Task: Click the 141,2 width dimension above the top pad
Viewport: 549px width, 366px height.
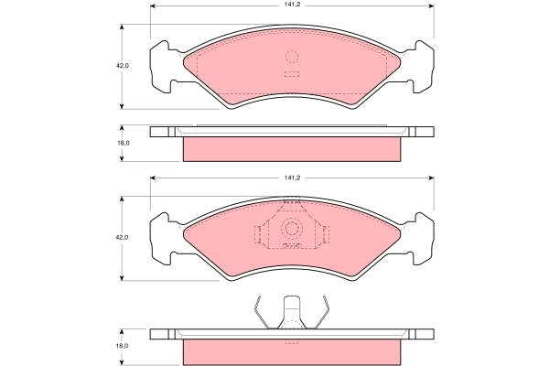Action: pyautogui.click(x=293, y=5)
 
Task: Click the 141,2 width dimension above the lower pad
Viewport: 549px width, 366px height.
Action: pyautogui.click(x=293, y=178)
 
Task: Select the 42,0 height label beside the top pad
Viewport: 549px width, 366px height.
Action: pyautogui.click(x=123, y=66)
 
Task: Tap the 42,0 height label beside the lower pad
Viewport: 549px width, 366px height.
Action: pyautogui.click(x=123, y=237)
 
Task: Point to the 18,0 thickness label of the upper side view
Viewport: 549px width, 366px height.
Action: pyautogui.click(x=123, y=143)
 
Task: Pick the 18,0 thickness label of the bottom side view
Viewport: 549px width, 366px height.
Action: pyautogui.click(x=123, y=346)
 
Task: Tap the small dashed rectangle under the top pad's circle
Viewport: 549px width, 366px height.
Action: pyautogui.click(x=292, y=74)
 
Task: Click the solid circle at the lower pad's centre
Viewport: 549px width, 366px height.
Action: pyautogui.click(x=291, y=229)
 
